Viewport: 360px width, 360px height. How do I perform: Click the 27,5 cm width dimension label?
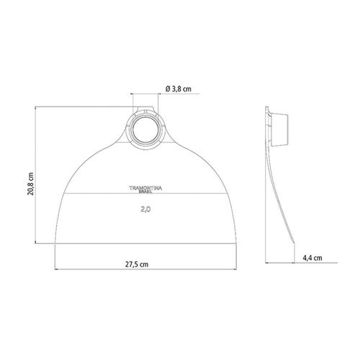pos(137,264)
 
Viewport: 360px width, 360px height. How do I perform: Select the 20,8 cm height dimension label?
pos(31,184)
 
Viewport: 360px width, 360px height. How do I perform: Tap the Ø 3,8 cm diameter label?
pos(179,89)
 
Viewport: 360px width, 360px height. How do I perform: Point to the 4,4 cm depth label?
pos(312,258)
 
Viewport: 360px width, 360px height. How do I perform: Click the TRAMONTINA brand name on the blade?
pos(145,188)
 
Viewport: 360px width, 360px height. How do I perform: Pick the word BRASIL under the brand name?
pos(145,192)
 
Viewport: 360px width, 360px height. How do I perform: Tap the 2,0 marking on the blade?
pos(145,210)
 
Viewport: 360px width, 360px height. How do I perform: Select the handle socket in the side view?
pos(279,130)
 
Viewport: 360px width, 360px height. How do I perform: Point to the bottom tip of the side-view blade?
pos(294,244)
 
